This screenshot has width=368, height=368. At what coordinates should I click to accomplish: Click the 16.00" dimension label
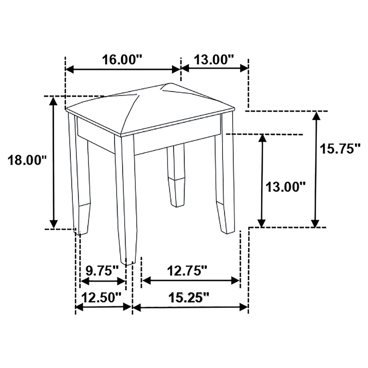tap(122, 59)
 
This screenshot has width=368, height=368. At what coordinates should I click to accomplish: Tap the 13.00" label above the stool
tap(214, 59)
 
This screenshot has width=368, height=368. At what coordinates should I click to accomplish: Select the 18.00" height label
tap(28, 160)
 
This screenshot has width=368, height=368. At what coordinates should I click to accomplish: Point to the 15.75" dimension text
tap(340, 148)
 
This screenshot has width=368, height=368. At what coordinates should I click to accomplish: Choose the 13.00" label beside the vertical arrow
tap(285, 187)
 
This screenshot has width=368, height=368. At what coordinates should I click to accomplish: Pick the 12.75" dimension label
tap(187, 270)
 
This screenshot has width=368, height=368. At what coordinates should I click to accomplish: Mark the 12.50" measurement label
tap(101, 297)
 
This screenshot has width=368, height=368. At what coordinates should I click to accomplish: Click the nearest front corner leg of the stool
tap(126, 198)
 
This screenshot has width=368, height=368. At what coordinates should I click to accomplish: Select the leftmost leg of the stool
tap(80, 180)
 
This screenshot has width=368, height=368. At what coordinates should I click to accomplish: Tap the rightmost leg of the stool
tap(226, 180)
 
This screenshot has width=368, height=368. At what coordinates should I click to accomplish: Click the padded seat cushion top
tap(151, 108)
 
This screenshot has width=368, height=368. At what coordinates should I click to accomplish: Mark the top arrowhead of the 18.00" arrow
tap(53, 101)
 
